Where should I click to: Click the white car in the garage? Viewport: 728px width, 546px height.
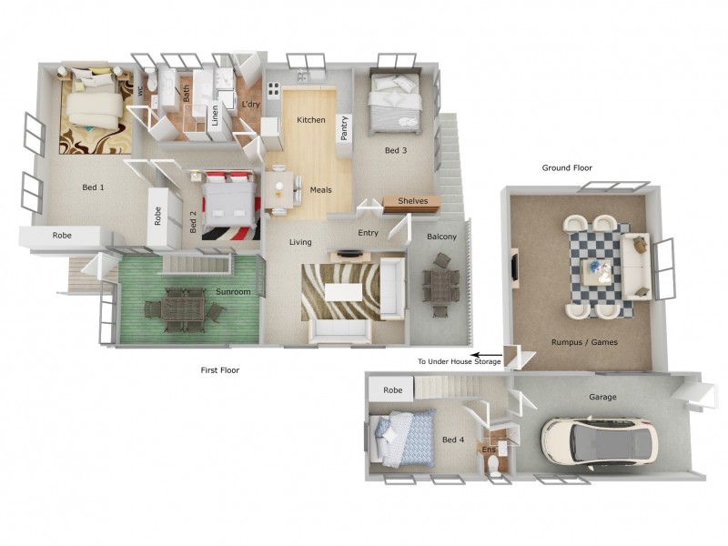(x=598, y=441)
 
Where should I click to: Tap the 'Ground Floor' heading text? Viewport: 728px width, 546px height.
(x=567, y=168)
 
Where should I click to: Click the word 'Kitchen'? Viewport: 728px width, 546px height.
(x=311, y=120)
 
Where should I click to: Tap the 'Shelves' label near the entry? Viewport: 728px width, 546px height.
(x=412, y=201)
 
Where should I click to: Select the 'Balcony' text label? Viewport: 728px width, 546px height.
(x=441, y=238)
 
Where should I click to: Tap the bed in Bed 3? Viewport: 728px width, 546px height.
(x=396, y=102)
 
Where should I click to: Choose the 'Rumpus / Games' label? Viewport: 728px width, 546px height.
(x=580, y=343)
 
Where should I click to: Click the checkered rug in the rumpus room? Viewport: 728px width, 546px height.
(x=598, y=267)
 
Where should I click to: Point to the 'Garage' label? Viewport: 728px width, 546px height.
(x=602, y=397)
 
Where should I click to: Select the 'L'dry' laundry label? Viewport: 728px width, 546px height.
(x=250, y=105)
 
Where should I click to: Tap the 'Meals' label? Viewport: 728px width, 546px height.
(x=320, y=190)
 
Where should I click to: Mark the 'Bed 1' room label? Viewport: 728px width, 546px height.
(x=94, y=187)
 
